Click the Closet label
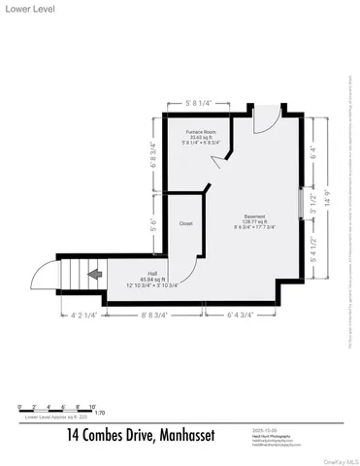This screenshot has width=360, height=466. pos(186,223)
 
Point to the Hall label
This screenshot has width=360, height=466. pos(151,274)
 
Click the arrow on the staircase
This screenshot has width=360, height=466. pos(95,275)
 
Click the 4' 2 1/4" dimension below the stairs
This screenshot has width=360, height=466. pos(85,316)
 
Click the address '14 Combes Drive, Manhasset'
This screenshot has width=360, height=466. pos(141,434)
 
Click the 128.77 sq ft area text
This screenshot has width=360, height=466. pos(254,222)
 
